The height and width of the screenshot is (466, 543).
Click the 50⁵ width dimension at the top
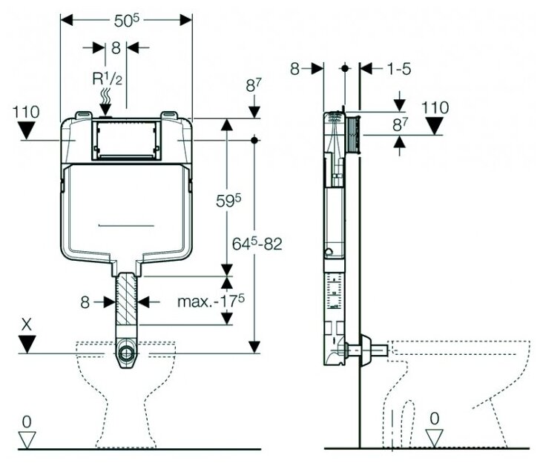click(x=125, y=21)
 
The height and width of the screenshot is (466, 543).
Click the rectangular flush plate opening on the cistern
click(x=125, y=139)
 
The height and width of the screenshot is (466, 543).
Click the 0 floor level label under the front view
click(x=27, y=422)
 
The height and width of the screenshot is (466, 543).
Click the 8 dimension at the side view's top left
click(x=295, y=69)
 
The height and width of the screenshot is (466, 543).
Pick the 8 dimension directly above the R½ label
click(x=116, y=47)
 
